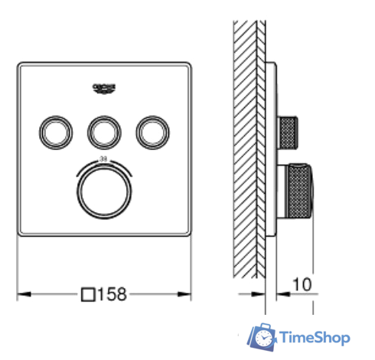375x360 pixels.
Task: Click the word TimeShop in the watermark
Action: pos(314,337)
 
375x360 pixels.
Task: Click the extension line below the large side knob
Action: pos(311,268)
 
